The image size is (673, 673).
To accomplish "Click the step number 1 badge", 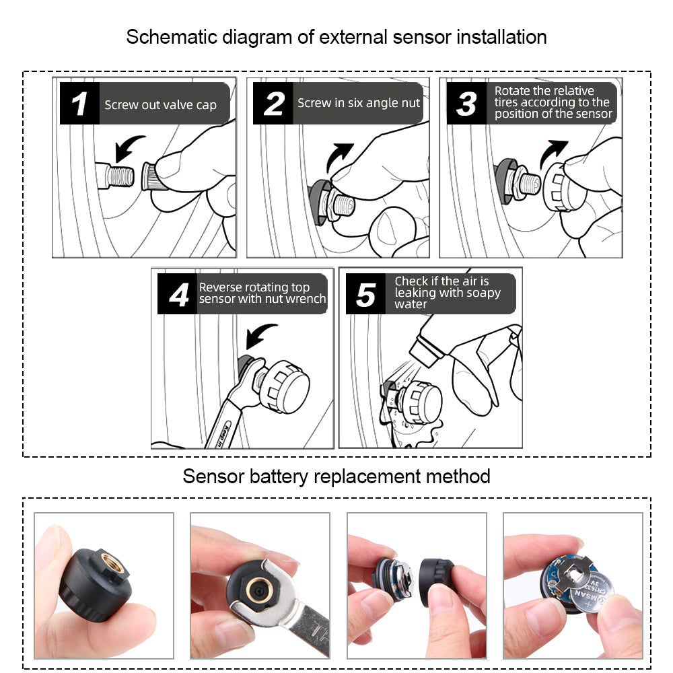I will pyautogui.click(x=79, y=104).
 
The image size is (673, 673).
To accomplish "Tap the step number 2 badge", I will pyautogui.click(x=273, y=104).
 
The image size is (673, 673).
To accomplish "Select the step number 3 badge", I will pyautogui.click(x=466, y=104).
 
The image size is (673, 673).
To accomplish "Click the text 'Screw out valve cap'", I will pyautogui.click(x=160, y=105).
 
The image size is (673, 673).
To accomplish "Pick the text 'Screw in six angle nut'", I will pyautogui.click(x=359, y=103).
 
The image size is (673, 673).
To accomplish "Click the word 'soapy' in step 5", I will pyautogui.click(x=485, y=293).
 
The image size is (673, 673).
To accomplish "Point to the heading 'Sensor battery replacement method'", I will pyautogui.click(x=336, y=476).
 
